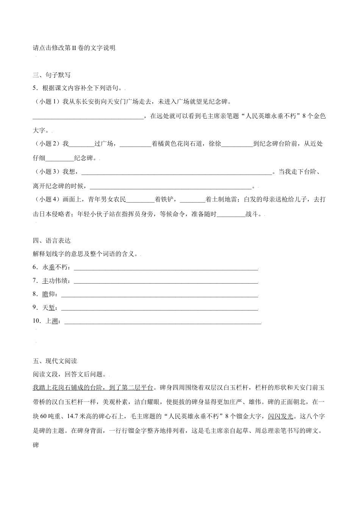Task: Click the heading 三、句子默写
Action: (x=52, y=75)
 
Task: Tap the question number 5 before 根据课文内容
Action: (x=35, y=88)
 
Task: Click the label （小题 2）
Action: (x=47, y=144)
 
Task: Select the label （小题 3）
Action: (x=47, y=172)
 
